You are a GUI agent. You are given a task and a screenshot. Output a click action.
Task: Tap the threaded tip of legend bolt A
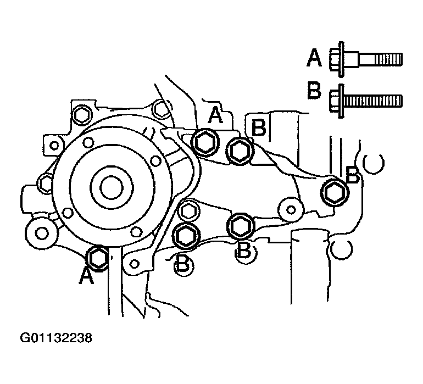click(x=388, y=59)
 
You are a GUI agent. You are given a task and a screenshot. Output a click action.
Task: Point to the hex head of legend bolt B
click(x=334, y=101)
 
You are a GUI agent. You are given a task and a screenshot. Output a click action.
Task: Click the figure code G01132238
click(x=56, y=338)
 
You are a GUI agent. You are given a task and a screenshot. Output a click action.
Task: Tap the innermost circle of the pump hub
click(x=112, y=187)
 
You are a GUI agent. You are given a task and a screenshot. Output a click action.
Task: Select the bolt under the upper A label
click(x=205, y=142)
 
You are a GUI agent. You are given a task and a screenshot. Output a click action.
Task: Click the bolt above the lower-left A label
click(x=98, y=259)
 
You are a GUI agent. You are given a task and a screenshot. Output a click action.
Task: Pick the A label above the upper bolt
click(x=215, y=115)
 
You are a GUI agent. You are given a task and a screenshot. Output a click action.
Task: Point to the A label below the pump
click(x=86, y=276)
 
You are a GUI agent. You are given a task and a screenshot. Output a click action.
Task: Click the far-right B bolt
click(x=335, y=192)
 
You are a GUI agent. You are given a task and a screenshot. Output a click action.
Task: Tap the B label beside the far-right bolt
click(x=353, y=175)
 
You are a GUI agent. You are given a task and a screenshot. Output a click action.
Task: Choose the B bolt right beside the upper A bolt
click(x=240, y=151)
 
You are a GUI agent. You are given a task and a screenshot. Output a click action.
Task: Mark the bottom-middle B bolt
click(x=241, y=225)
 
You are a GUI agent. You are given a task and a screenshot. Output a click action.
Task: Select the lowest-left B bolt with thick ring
click(x=186, y=235)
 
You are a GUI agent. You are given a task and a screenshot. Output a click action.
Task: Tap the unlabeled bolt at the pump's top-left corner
click(x=81, y=116)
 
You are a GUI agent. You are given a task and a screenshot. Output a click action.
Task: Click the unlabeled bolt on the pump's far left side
click(x=46, y=183)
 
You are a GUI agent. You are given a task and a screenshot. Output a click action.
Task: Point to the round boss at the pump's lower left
click(x=41, y=233)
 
